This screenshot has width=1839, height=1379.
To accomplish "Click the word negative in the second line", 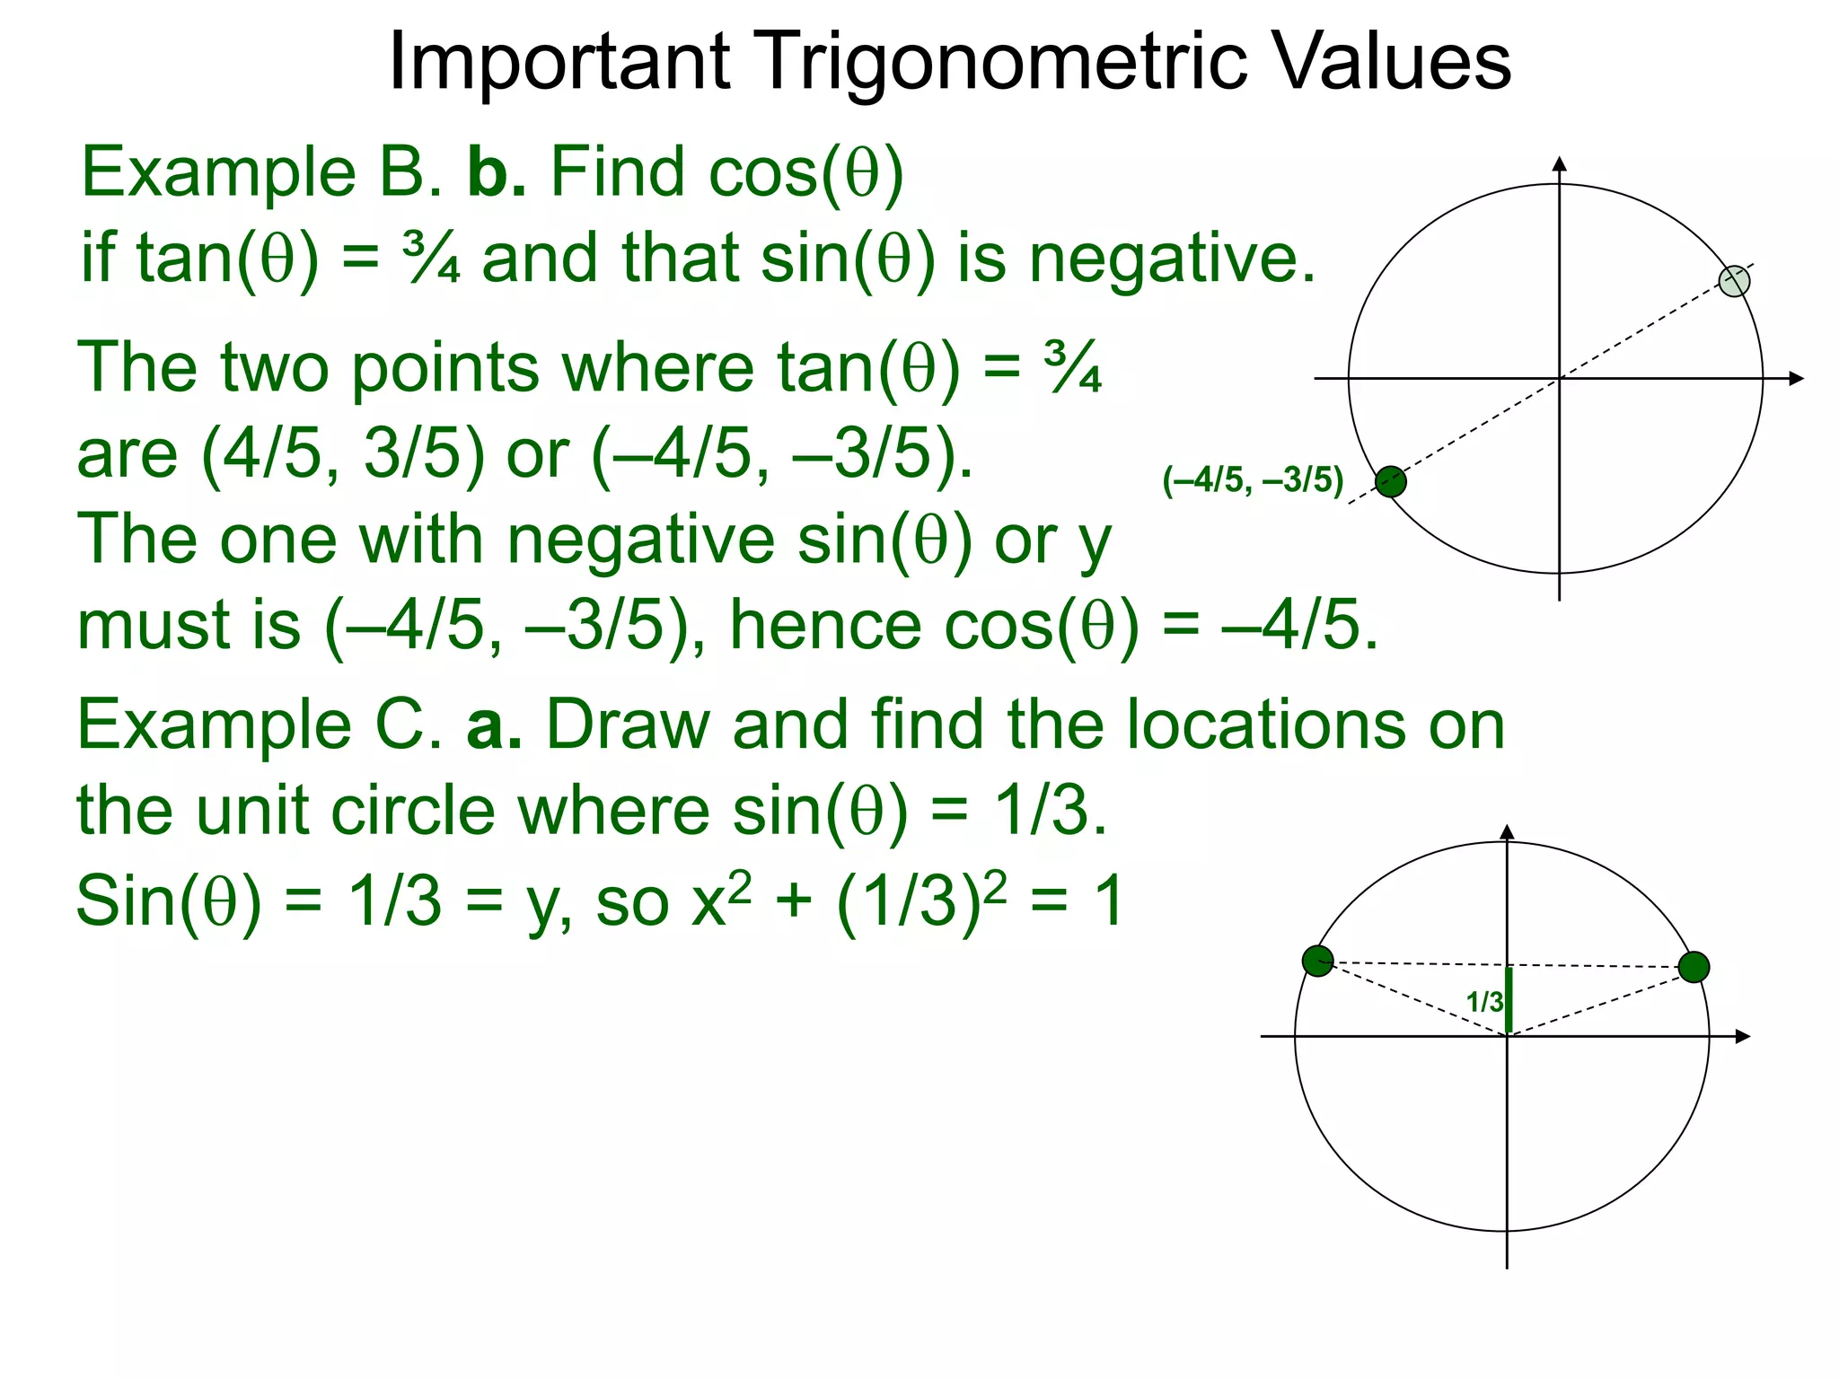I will click(x=1172, y=258).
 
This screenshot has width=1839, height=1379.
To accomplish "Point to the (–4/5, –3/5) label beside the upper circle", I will click(x=1253, y=480).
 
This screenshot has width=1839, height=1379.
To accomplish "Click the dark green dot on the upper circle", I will click(x=1391, y=482).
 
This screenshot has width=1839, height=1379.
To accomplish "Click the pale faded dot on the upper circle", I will click(x=1734, y=281).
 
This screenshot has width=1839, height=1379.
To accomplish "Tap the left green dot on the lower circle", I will click(x=1318, y=961).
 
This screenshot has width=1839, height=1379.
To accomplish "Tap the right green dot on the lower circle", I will click(x=1694, y=967).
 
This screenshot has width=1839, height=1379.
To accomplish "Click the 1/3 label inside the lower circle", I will click(x=1483, y=1002).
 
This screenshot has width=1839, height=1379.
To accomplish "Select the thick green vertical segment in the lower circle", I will click(x=1509, y=1000).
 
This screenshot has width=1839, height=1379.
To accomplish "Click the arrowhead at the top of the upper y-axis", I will click(x=1560, y=163).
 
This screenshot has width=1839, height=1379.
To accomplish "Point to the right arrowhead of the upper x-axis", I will click(x=1797, y=379).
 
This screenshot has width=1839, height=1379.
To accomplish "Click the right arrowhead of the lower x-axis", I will click(x=1743, y=1037).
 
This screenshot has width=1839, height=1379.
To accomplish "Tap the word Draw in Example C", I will click(x=628, y=725).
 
